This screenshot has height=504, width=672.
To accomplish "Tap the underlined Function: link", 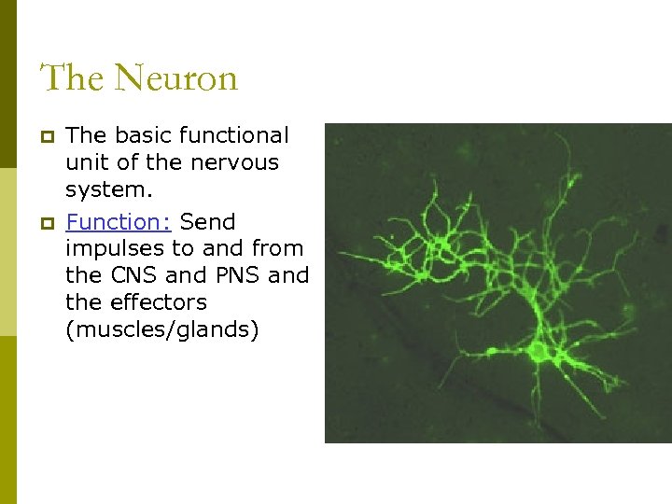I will [x=118, y=222].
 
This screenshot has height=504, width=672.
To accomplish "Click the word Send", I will [x=207, y=222].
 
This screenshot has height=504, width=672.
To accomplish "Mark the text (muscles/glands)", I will [x=161, y=329].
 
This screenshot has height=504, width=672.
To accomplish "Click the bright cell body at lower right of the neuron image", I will [x=538, y=352].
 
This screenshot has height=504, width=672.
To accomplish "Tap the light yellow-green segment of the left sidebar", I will [x=7, y=252].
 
